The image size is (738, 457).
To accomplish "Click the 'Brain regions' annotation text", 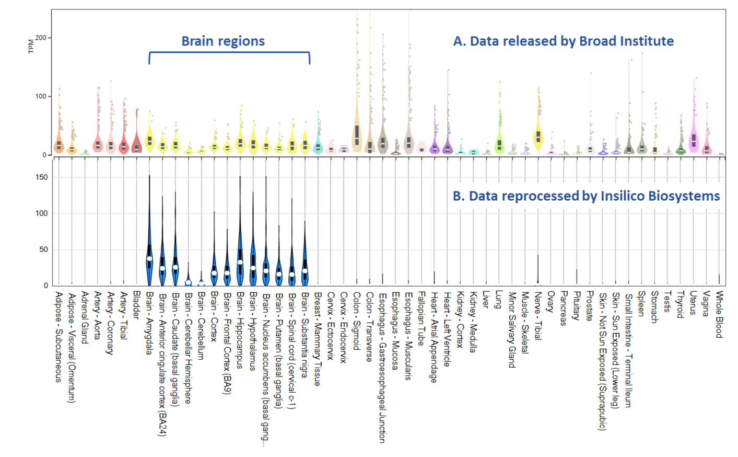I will [223, 41].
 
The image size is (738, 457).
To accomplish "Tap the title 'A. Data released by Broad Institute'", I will [563, 41].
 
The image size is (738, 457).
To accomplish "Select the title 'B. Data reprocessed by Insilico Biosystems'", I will [586, 196].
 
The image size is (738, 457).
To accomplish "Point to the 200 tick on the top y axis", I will [41, 38].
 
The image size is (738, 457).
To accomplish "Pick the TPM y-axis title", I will [31, 46].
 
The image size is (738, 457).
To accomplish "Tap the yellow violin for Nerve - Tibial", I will [538, 137].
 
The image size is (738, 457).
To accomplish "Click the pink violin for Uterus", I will [694, 140].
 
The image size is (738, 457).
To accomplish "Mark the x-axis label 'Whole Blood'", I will [719, 314].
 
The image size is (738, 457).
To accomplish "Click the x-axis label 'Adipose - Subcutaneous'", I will [58, 337].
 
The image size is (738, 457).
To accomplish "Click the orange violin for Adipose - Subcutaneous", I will [59, 145].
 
